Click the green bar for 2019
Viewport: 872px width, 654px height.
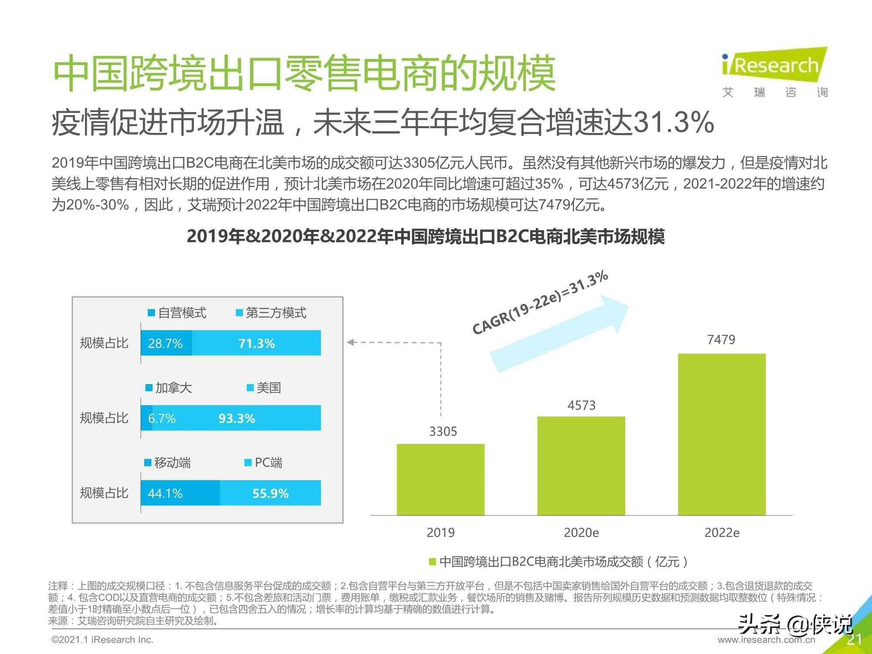(x=440, y=480)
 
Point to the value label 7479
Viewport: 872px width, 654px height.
(x=721, y=340)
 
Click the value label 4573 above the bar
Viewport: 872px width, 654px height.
(x=581, y=405)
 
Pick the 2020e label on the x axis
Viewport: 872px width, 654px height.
(x=581, y=532)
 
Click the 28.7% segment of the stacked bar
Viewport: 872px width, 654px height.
(x=166, y=343)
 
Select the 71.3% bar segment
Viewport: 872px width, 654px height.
(x=257, y=343)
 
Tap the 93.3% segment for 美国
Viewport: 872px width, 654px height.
(x=237, y=418)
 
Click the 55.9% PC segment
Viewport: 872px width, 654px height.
(x=270, y=493)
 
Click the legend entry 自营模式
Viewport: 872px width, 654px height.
(x=177, y=313)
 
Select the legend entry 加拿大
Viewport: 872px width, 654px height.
(x=169, y=388)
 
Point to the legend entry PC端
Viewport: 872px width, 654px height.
(x=264, y=463)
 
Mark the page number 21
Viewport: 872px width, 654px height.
(x=854, y=639)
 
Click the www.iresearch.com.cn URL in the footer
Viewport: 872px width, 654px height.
(x=766, y=640)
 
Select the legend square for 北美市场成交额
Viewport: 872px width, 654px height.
(x=433, y=562)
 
